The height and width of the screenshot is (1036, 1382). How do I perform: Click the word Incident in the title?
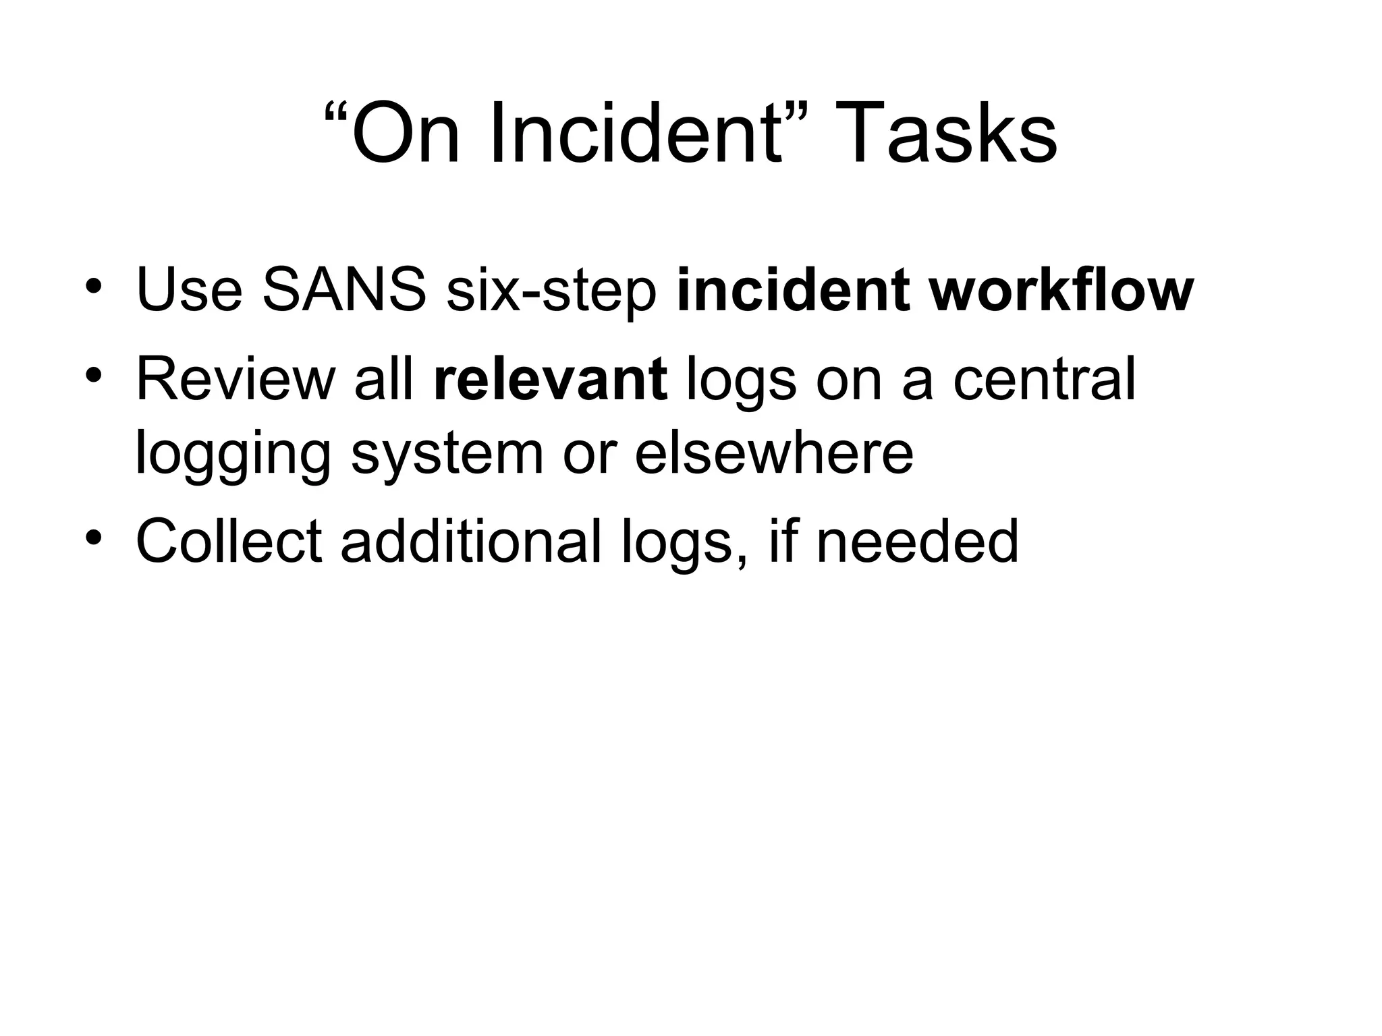[x=637, y=133]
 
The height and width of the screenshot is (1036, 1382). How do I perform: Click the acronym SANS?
[x=343, y=291]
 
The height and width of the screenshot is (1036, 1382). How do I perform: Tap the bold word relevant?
[x=550, y=380]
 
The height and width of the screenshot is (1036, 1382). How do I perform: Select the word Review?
[x=236, y=380]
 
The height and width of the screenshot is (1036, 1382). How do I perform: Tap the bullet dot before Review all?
[x=94, y=374]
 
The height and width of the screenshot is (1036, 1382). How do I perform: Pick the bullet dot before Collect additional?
[x=94, y=537]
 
